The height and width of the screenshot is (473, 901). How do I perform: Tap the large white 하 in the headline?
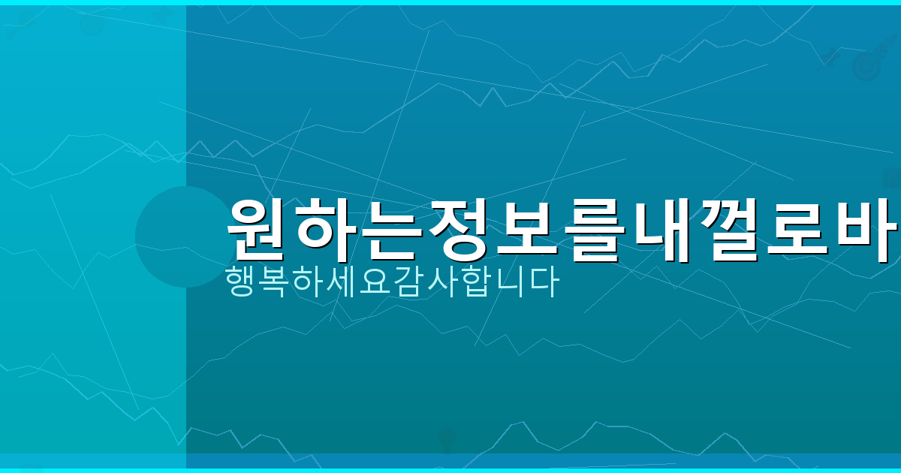tap(332, 228)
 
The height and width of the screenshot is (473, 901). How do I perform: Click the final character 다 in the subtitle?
tap(545, 283)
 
